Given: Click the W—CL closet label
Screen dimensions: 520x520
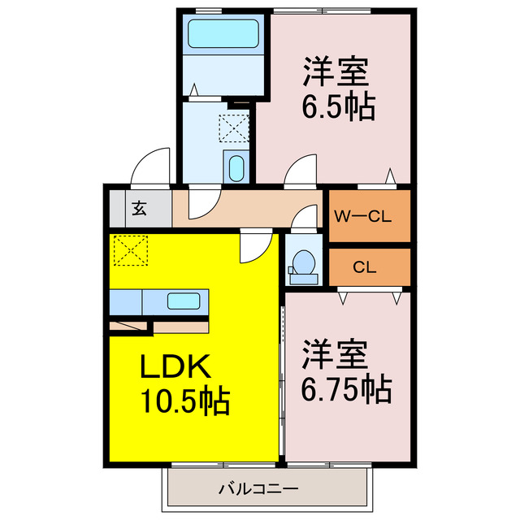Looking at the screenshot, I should [364, 216].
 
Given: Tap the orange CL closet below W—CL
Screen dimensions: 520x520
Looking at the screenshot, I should [364, 267].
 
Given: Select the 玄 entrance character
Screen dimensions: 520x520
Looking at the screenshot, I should [139, 208].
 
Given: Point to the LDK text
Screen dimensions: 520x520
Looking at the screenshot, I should [177, 369].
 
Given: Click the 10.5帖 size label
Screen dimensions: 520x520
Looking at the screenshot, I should [186, 401].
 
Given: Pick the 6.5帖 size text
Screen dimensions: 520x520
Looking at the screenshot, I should [340, 107].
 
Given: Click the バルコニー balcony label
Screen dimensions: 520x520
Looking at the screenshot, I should [258, 490].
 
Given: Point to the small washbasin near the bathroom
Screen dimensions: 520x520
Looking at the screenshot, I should [236, 168].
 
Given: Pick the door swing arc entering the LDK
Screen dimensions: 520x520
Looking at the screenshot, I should [255, 246].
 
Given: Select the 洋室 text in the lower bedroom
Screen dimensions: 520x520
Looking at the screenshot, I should [336, 354].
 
